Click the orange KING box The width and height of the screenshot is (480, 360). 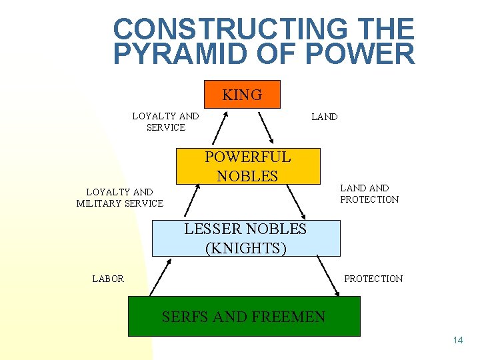click(x=242, y=94)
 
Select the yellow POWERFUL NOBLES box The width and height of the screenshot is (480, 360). click(x=247, y=166)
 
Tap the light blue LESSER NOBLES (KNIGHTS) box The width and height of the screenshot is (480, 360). click(x=245, y=239)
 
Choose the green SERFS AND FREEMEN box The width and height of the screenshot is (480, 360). click(x=243, y=317)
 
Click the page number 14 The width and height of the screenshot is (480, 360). click(x=457, y=341)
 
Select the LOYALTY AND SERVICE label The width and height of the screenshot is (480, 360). click(x=165, y=121)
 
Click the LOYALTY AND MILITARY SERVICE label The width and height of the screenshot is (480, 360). click(x=119, y=197)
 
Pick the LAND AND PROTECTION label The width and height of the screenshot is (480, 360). click(x=369, y=193)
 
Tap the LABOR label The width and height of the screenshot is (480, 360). click(x=108, y=279)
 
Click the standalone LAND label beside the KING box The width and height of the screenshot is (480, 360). click(x=325, y=117)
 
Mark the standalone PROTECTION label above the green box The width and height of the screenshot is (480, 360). click(x=373, y=279)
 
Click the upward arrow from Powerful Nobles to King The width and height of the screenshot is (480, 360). click(x=220, y=127)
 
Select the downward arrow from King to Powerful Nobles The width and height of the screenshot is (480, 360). click(x=265, y=128)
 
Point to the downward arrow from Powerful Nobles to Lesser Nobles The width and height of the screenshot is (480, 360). click(x=295, y=201)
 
